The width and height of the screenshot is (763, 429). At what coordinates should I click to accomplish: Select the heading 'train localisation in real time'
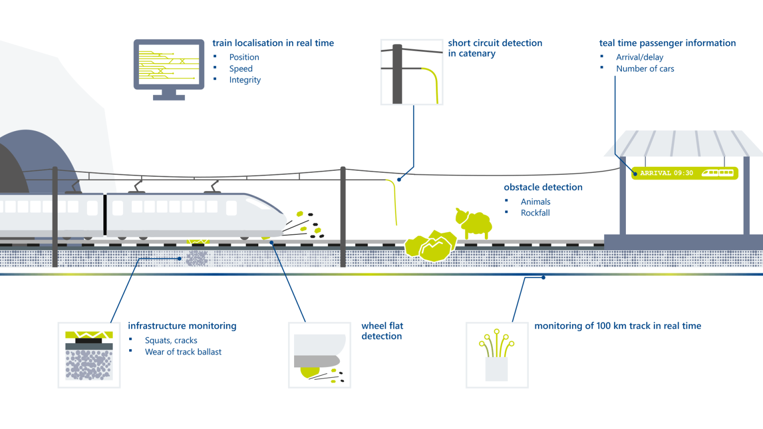273,43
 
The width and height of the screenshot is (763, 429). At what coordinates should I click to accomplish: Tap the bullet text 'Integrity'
244,80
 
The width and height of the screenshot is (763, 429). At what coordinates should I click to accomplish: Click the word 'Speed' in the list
240,69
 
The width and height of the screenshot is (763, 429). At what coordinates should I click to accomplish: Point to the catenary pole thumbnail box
411,72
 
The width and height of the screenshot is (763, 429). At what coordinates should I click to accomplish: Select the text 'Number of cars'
645,69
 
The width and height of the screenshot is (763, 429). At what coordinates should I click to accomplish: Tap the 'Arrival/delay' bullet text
639,57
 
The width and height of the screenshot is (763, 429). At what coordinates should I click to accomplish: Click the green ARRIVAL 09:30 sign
685,173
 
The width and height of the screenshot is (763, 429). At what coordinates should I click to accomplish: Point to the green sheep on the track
474,223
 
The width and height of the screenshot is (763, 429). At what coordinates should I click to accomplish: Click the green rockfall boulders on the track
430,246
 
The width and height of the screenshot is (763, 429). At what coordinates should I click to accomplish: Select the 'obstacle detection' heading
543,187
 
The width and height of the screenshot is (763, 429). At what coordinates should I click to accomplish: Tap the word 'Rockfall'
535,213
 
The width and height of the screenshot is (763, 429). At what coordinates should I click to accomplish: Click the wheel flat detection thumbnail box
319,355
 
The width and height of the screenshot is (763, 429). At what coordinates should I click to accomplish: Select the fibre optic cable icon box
497,355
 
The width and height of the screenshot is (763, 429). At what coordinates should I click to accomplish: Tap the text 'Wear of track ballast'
183,352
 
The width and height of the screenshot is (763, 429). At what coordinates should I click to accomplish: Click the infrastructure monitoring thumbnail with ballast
89,355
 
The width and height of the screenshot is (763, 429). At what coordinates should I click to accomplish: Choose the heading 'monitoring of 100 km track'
617,326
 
